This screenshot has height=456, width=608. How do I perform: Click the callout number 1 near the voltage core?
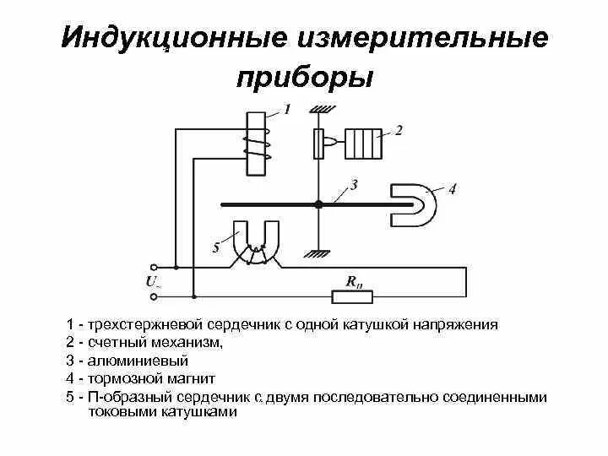click(x=287, y=109)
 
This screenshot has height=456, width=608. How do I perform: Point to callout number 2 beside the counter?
click(x=399, y=130)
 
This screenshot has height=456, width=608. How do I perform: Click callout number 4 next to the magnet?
click(x=452, y=189)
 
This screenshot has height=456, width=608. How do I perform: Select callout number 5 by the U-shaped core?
click(x=215, y=247)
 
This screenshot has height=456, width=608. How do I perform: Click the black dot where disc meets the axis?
click(x=318, y=204)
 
